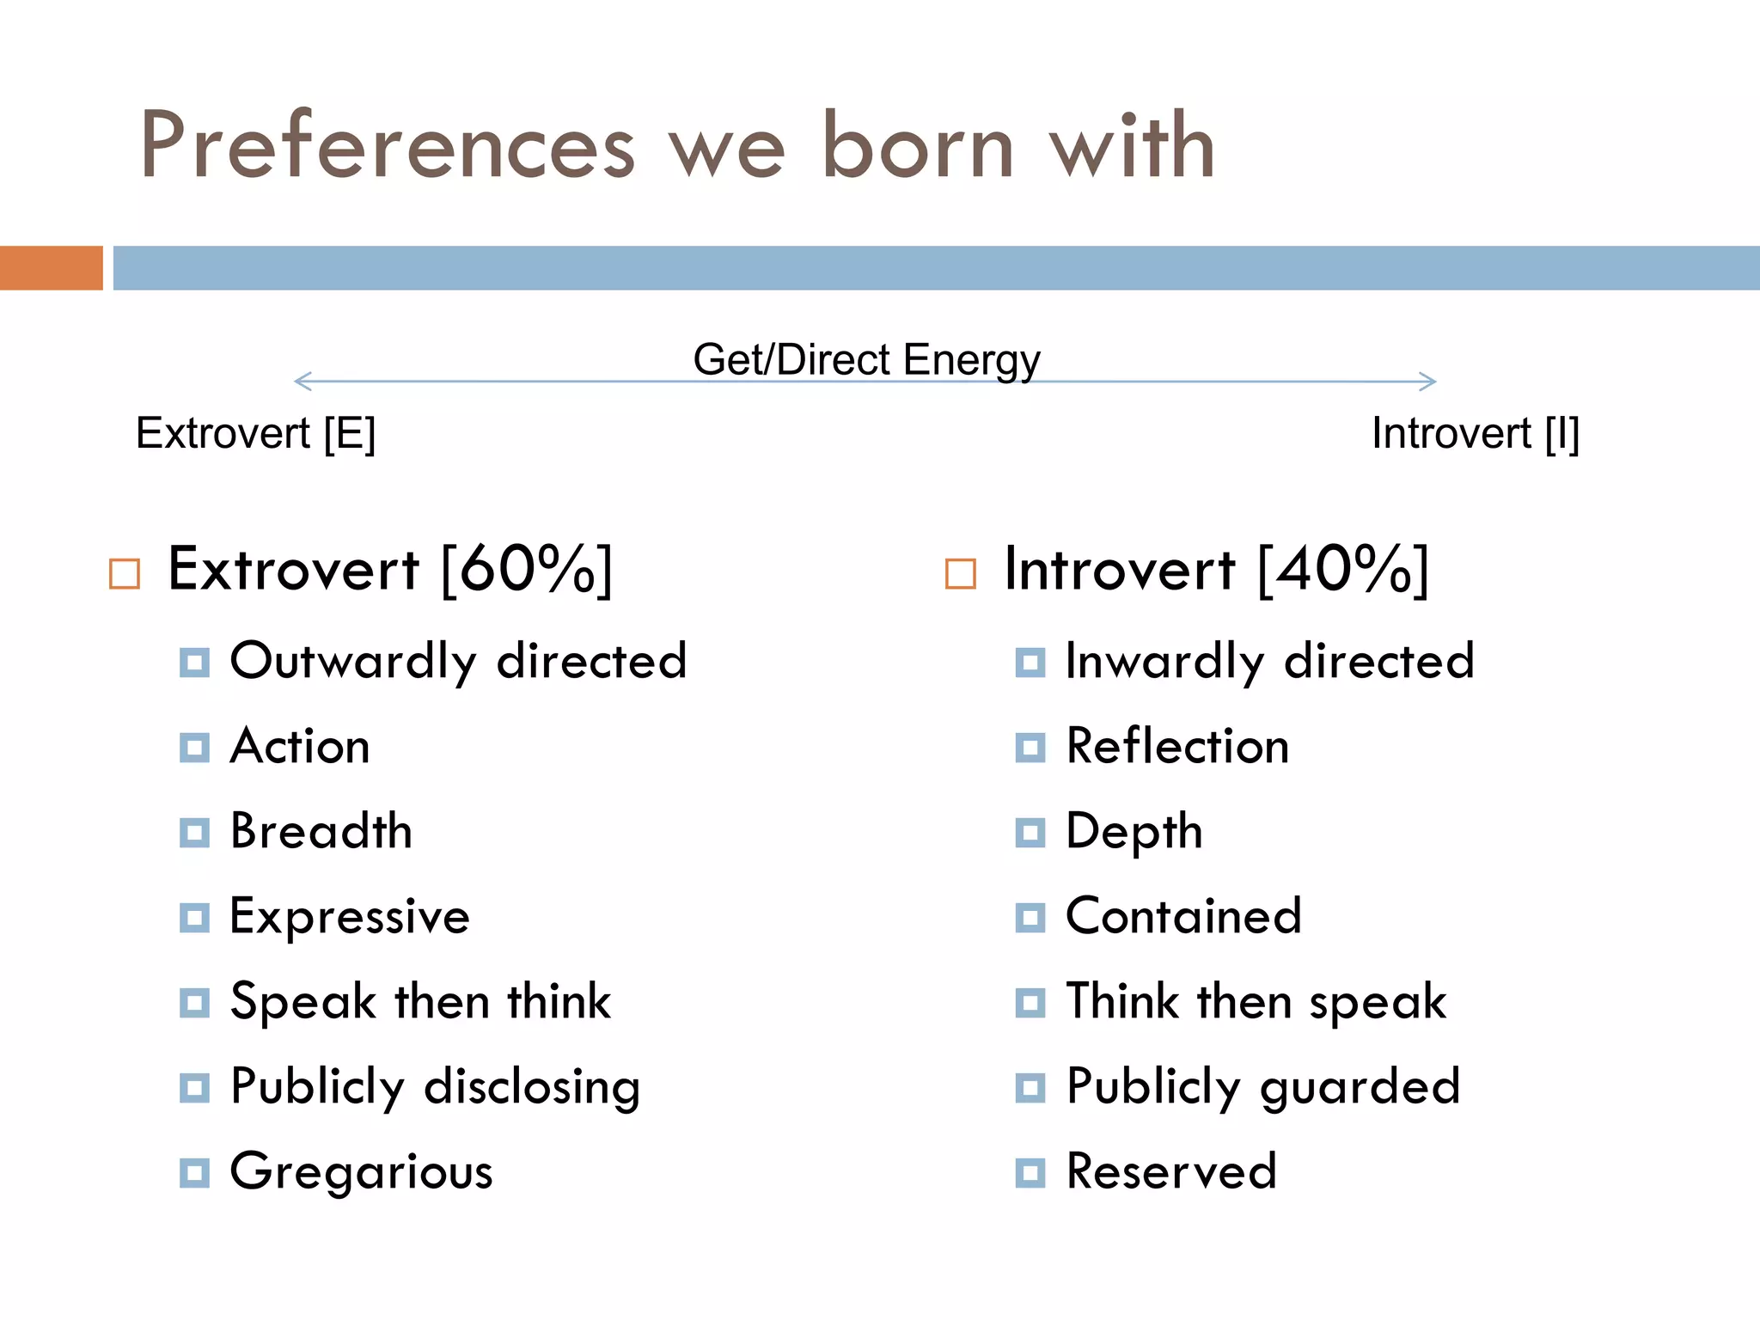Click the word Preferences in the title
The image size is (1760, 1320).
tap(387, 146)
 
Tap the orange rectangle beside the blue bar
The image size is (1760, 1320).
tap(51, 268)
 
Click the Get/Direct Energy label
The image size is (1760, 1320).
tap(866, 359)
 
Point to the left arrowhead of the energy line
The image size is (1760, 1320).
tap(301, 381)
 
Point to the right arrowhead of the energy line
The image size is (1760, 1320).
tap(1428, 381)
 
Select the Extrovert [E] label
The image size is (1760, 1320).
tap(255, 433)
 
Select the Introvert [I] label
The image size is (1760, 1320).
tap(1475, 433)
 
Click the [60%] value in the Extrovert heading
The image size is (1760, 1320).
tap(526, 569)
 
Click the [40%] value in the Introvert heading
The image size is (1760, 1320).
tap(1342, 569)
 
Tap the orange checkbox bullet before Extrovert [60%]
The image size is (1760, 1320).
tap(125, 573)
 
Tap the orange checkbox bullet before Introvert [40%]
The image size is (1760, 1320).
tap(960, 573)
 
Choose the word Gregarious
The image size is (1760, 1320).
tap(361, 1172)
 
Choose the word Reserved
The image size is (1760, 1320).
tap(1170, 1170)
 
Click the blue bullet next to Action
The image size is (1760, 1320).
tap(194, 748)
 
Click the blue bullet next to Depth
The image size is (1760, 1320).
tap(1030, 833)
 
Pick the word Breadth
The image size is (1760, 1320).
tap(321, 831)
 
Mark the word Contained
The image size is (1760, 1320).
tap(1183, 916)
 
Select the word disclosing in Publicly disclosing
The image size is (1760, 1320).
tap(532, 1087)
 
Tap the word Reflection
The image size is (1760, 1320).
tap(1177, 746)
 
